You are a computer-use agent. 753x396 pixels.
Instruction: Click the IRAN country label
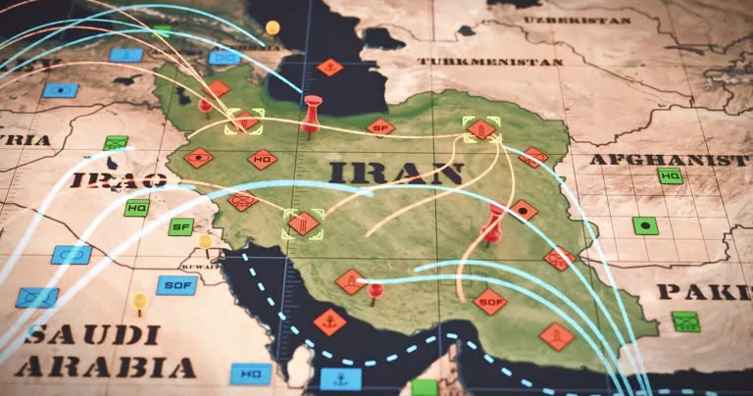coord(396,173)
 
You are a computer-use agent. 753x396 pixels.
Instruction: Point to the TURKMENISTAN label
coord(491,61)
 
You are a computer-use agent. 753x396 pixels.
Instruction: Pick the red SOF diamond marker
coord(489,301)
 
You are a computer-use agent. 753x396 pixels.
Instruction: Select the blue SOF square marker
coord(176,285)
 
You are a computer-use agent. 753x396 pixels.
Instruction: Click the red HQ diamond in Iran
coord(262,159)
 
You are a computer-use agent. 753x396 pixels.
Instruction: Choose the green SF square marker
coord(180,226)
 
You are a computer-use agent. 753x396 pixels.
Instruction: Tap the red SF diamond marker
coord(380,126)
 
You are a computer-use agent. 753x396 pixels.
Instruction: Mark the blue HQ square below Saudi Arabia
coord(251,373)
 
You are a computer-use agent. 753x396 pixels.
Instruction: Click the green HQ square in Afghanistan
coord(671,176)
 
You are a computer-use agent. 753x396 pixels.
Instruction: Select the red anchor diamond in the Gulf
coord(329,321)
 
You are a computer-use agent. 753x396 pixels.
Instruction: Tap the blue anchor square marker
coord(340,378)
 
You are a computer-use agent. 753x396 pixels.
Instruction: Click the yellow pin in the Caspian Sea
coord(273,27)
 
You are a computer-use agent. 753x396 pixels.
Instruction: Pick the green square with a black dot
coord(645,225)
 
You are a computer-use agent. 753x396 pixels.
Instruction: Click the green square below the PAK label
coord(686,322)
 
